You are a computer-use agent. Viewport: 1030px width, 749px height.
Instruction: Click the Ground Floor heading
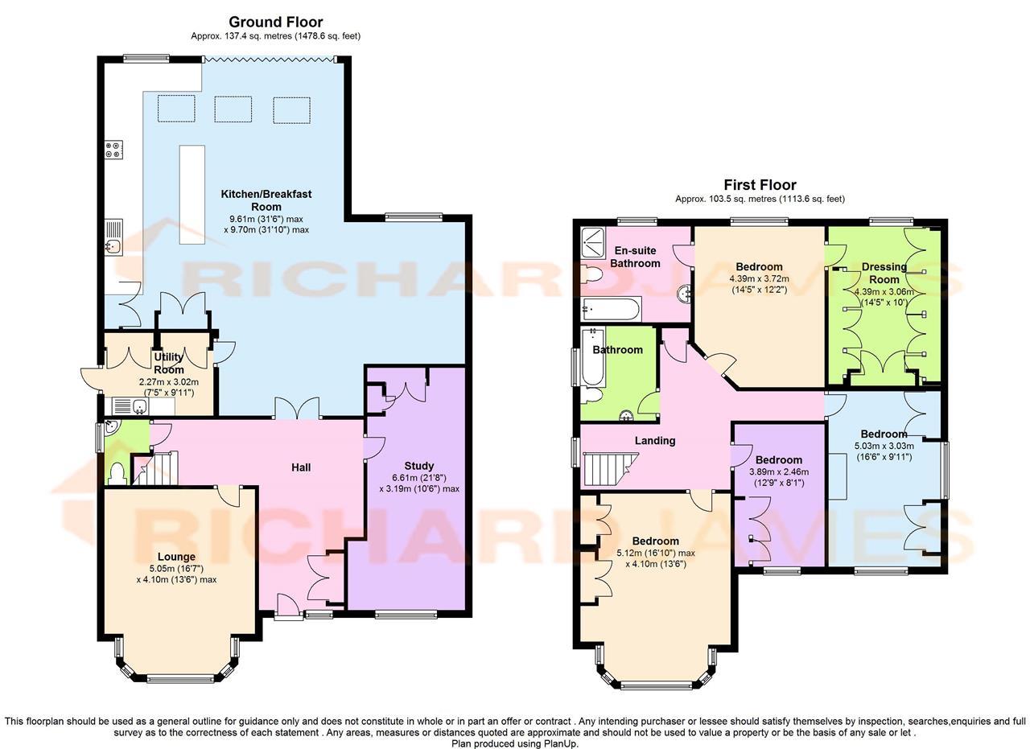point(275,22)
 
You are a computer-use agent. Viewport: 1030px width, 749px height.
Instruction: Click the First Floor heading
point(760,185)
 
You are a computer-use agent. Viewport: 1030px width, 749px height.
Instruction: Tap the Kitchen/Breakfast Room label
point(266,200)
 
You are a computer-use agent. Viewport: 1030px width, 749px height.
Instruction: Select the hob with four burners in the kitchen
point(113,149)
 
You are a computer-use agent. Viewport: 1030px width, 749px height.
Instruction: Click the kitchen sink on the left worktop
point(113,246)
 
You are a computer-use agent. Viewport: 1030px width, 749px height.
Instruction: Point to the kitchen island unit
point(192,195)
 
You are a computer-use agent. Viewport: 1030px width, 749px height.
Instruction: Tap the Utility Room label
point(169,363)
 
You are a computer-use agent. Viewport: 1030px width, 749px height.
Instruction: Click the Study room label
point(419,466)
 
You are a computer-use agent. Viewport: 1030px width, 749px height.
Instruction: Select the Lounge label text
point(176,557)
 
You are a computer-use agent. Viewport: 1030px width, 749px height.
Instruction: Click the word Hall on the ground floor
point(301,467)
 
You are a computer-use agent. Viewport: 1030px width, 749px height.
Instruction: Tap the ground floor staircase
point(156,469)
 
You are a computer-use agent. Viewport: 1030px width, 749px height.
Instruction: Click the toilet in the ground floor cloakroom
point(116,473)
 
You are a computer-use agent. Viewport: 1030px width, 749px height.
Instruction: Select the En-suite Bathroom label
point(635,257)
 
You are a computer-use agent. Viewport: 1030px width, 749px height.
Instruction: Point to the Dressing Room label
point(884,273)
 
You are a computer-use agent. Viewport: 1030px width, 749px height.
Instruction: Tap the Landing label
point(655,440)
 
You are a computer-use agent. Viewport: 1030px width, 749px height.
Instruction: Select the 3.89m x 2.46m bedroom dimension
point(778,472)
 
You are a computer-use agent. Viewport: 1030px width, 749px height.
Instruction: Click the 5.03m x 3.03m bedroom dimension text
point(884,446)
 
